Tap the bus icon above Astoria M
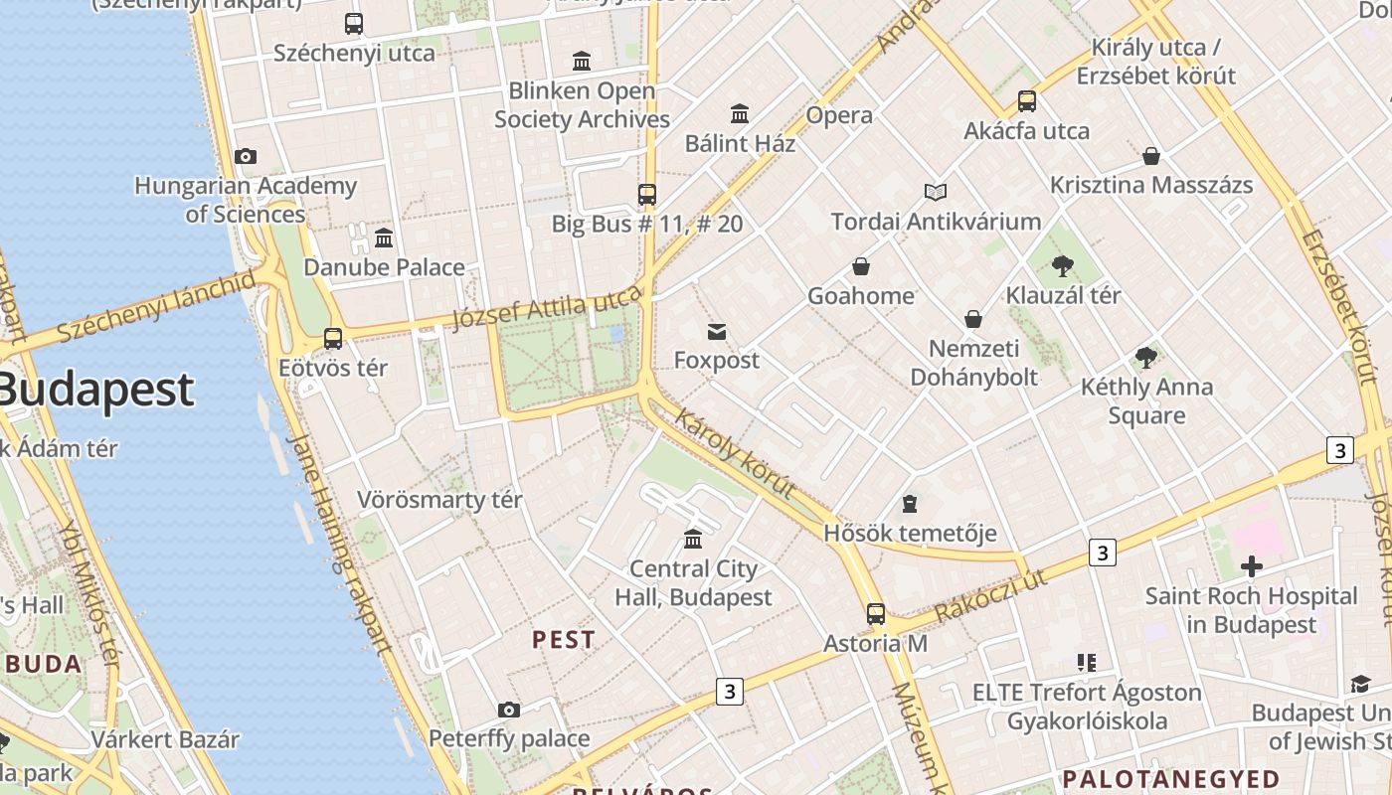pos(875,614)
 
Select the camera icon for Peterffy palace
pos(509,710)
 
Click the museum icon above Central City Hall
pos(693,539)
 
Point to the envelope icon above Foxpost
pos(716,331)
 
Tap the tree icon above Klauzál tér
pos(1063,265)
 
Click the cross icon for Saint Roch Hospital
pos(1251,566)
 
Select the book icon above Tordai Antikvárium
pos(936,192)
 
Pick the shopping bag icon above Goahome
pos(861,266)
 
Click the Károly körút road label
pos(735,453)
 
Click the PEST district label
pos(564,640)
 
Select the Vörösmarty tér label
pos(439,499)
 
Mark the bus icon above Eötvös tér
pos(333,339)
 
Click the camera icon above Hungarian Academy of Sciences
pos(246,156)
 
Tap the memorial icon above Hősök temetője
pos(909,504)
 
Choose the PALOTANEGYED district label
pos(1171,778)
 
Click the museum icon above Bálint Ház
pos(740,113)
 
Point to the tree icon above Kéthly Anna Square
pos(1146,358)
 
